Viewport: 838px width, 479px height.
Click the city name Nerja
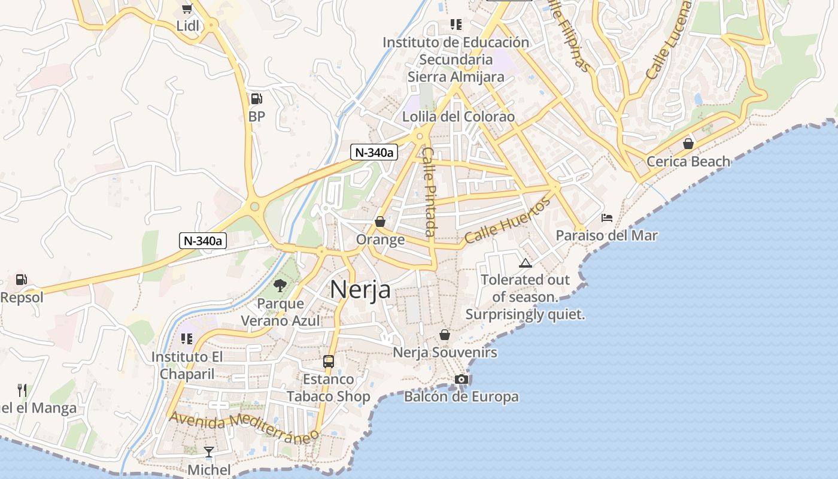[x=360, y=290]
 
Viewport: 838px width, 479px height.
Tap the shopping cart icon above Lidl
[x=187, y=8]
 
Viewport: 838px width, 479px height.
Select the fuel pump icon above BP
[x=256, y=99]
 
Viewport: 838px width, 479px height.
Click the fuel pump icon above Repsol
[x=22, y=279]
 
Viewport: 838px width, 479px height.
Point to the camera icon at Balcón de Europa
[x=461, y=379]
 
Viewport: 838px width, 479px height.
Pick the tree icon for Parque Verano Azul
[x=280, y=285]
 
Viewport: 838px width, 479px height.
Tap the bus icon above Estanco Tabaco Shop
[x=328, y=361]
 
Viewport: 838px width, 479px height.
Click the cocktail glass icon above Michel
[x=209, y=451]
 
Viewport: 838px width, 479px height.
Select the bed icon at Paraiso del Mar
[x=606, y=217]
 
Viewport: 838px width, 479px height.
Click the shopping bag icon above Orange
[x=379, y=222]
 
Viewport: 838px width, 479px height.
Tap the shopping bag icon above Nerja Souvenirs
[x=445, y=334]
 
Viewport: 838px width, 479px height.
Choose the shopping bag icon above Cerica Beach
[x=688, y=144]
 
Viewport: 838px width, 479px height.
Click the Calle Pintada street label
[x=429, y=192]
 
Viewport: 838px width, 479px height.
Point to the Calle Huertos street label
[x=507, y=220]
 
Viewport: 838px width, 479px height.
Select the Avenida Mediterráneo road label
[x=244, y=426]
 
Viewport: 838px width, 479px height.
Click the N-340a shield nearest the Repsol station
[x=203, y=241]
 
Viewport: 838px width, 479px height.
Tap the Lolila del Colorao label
[x=458, y=116]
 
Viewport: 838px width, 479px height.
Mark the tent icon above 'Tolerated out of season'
[x=525, y=262]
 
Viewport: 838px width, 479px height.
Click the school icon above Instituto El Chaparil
[x=187, y=339]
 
